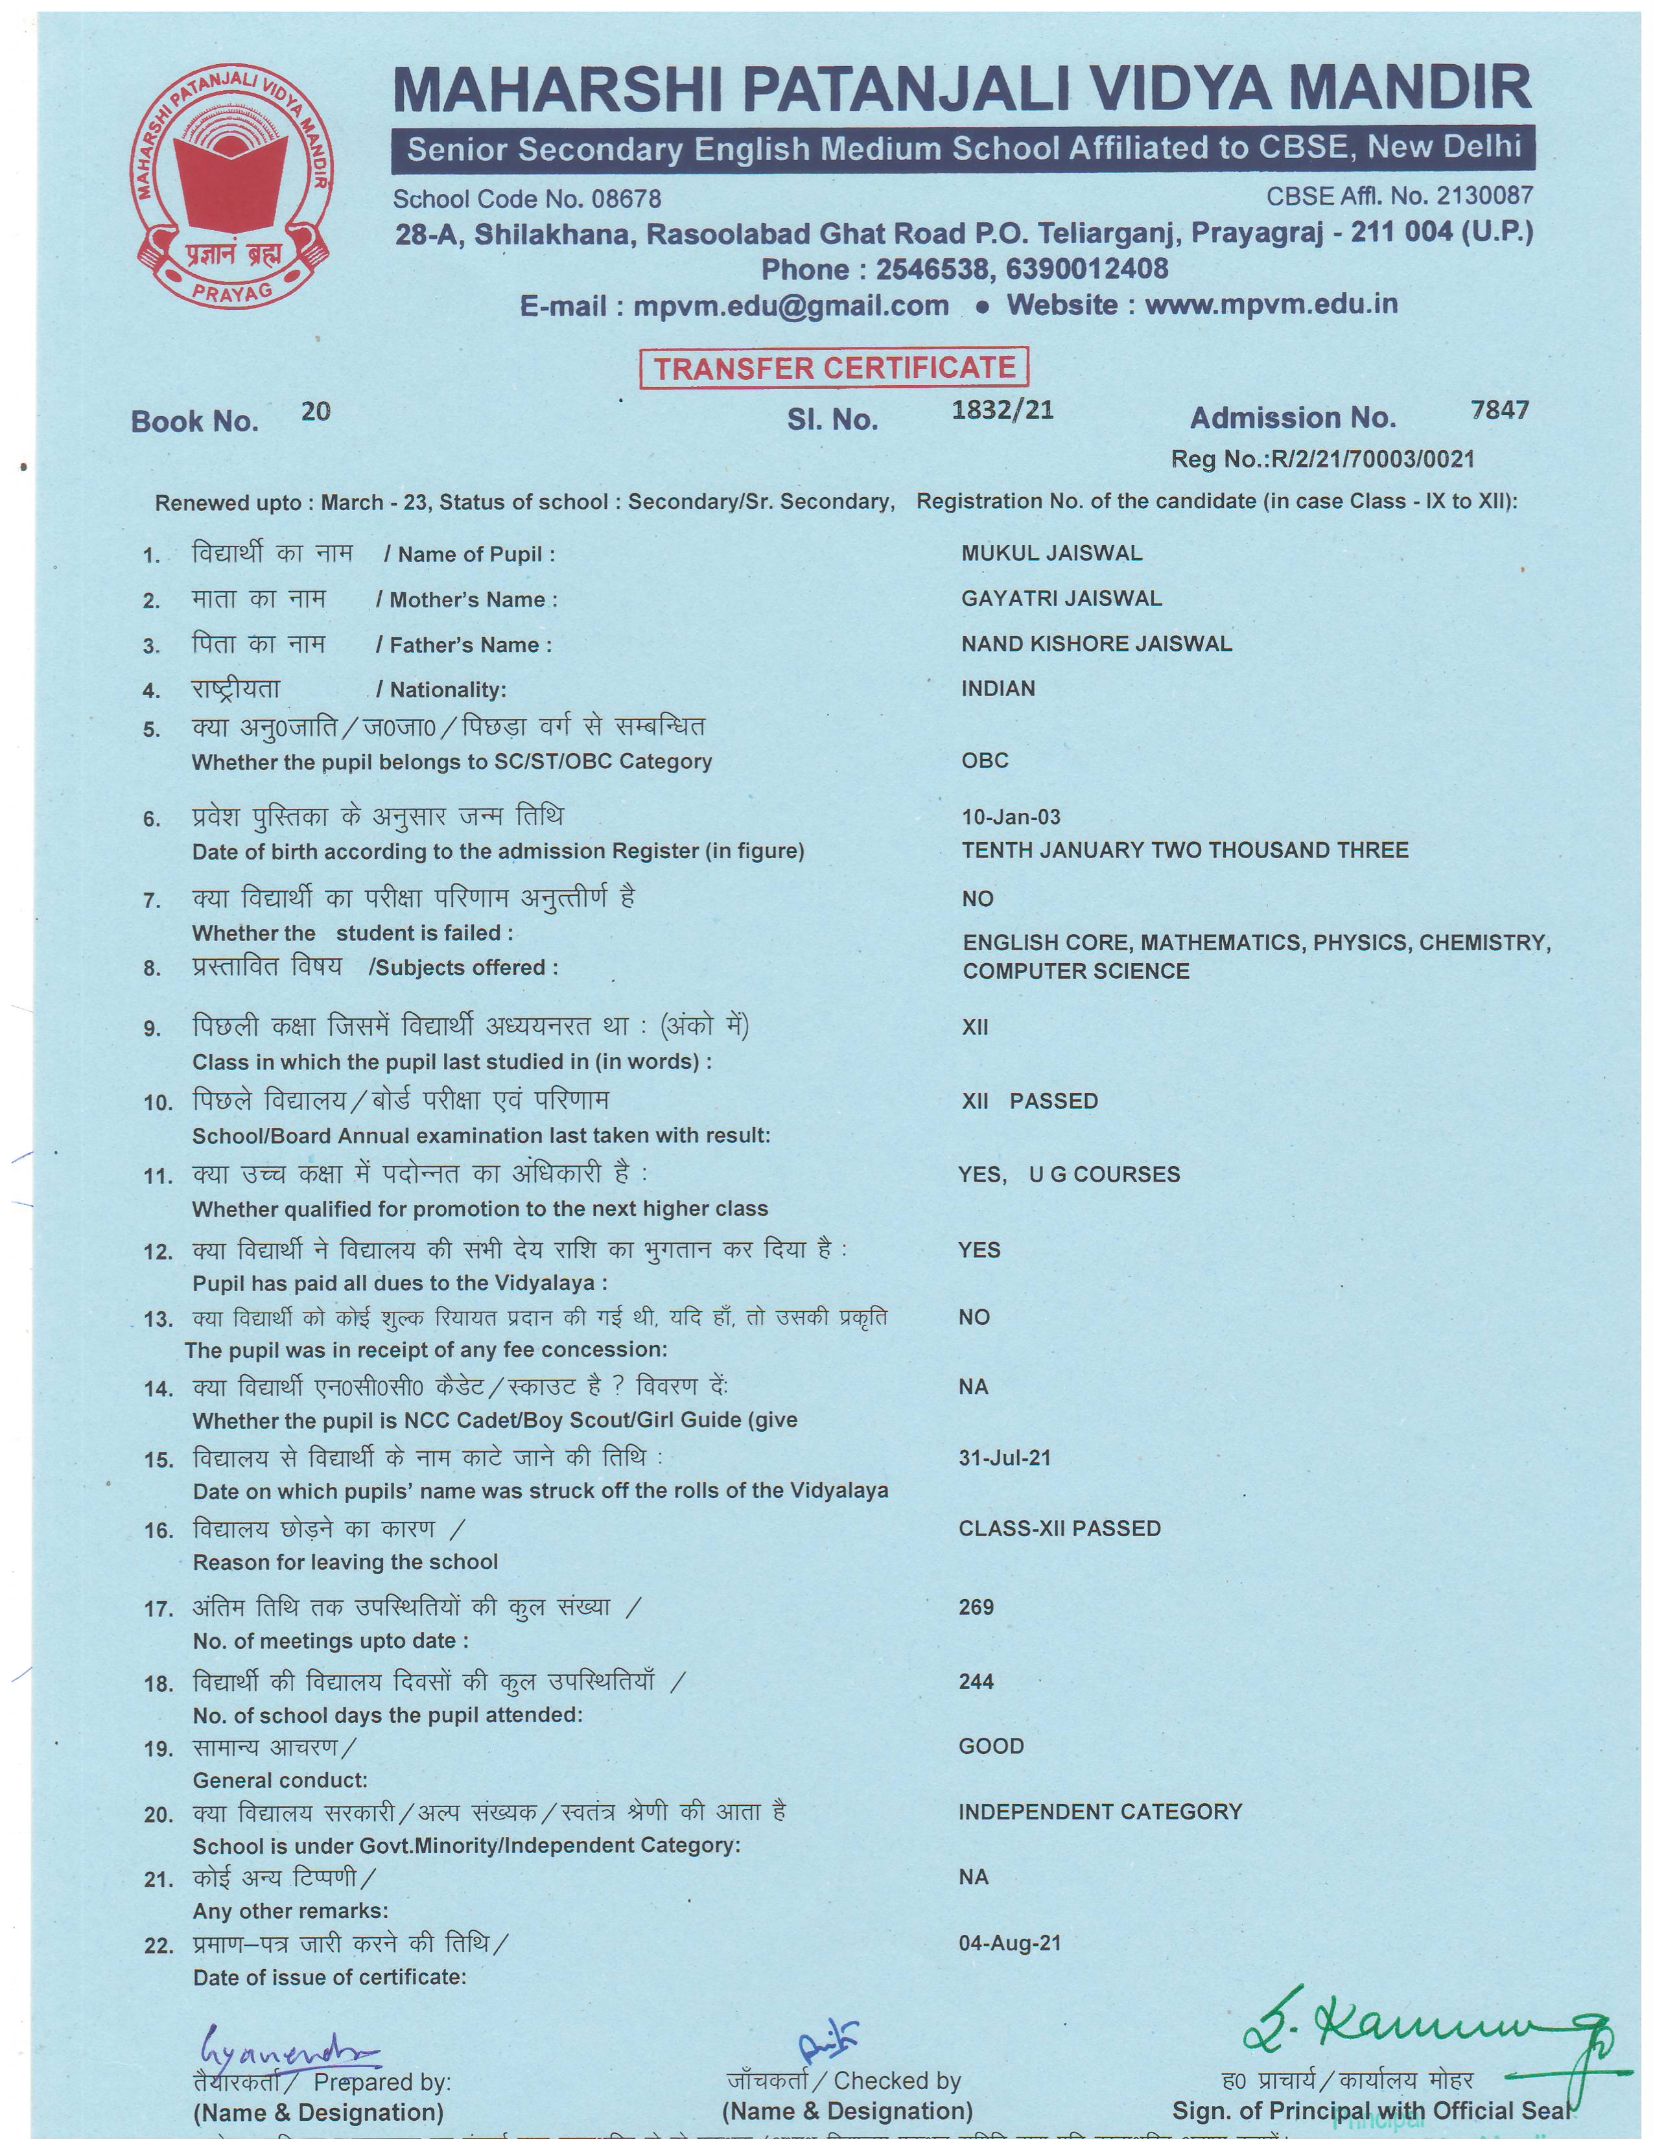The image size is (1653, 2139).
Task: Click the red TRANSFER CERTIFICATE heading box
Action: pyautogui.click(x=834, y=368)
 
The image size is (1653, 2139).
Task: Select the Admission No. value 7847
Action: pyautogui.click(x=1499, y=410)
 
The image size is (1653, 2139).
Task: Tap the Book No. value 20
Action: pyautogui.click(x=315, y=412)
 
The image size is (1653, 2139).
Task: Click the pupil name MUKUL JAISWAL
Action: pyautogui.click(x=1051, y=554)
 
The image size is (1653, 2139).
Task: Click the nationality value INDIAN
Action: pyautogui.click(x=997, y=688)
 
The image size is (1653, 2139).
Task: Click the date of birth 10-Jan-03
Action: pyautogui.click(x=1011, y=817)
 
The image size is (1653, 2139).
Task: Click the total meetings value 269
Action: pyautogui.click(x=976, y=1607)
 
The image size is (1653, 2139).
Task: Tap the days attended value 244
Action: pyautogui.click(x=976, y=1681)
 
